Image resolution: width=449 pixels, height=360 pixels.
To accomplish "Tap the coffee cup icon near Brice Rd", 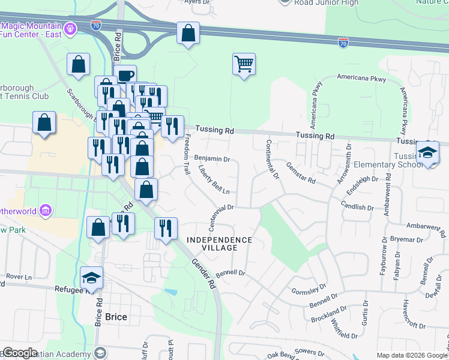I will click(125, 76).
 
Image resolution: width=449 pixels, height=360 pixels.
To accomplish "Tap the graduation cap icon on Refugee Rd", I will click(91, 277).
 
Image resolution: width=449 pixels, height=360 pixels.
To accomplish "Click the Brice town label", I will click(116, 317).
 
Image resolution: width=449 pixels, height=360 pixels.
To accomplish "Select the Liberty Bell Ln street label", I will click(214, 180).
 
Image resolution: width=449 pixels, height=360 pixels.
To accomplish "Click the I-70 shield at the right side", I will click(343, 43).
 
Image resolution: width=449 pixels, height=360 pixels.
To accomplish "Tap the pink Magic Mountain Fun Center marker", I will click(71, 28).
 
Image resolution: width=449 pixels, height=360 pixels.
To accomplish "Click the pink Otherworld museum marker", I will click(46, 211).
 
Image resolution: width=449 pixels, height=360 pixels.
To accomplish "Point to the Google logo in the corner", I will click(19, 353).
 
